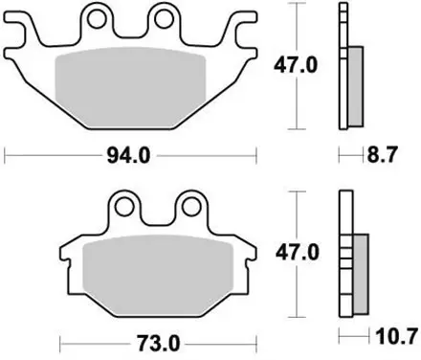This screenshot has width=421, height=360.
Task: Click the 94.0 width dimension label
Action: click(128, 156)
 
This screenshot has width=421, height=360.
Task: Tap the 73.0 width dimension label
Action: click(159, 344)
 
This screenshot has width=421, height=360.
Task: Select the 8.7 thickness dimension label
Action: click(383, 155)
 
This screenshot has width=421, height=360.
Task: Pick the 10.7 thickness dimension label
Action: click(397, 336)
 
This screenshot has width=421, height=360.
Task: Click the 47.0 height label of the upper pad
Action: click(296, 66)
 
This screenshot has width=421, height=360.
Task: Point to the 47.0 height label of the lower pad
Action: click(298, 253)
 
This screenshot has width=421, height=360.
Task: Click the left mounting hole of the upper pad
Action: click(97, 19)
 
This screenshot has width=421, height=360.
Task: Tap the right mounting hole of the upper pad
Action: click(164, 19)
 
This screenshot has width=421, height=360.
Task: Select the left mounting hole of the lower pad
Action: click(124, 207)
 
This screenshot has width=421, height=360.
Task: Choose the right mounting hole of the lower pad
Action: click(191, 207)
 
